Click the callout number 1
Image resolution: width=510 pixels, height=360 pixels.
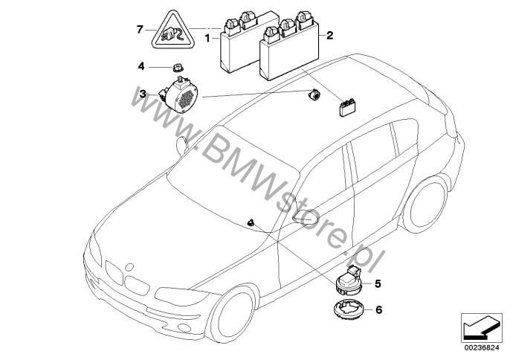click(x=207, y=39)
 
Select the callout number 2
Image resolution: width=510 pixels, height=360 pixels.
click(x=330, y=35)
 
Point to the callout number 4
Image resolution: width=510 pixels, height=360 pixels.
click(x=141, y=66)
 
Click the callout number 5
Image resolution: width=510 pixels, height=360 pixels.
click(x=378, y=284)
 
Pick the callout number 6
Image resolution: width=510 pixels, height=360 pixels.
click(x=378, y=310)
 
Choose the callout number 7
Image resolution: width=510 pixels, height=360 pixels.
click(x=140, y=30)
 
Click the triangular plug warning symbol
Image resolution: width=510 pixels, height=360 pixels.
click(x=172, y=30)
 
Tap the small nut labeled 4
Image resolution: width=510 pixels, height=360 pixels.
click(x=177, y=68)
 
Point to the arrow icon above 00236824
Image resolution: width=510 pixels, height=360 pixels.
click(x=480, y=327)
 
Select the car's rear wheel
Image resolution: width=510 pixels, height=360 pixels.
click(x=424, y=205)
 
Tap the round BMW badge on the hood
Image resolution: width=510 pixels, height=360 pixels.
click(x=129, y=266)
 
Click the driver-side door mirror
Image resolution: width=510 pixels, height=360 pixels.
click(x=305, y=216)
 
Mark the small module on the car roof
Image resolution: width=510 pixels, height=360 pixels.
click(x=347, y=108)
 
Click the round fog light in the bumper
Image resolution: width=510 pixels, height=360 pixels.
click(x=184, y=327)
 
